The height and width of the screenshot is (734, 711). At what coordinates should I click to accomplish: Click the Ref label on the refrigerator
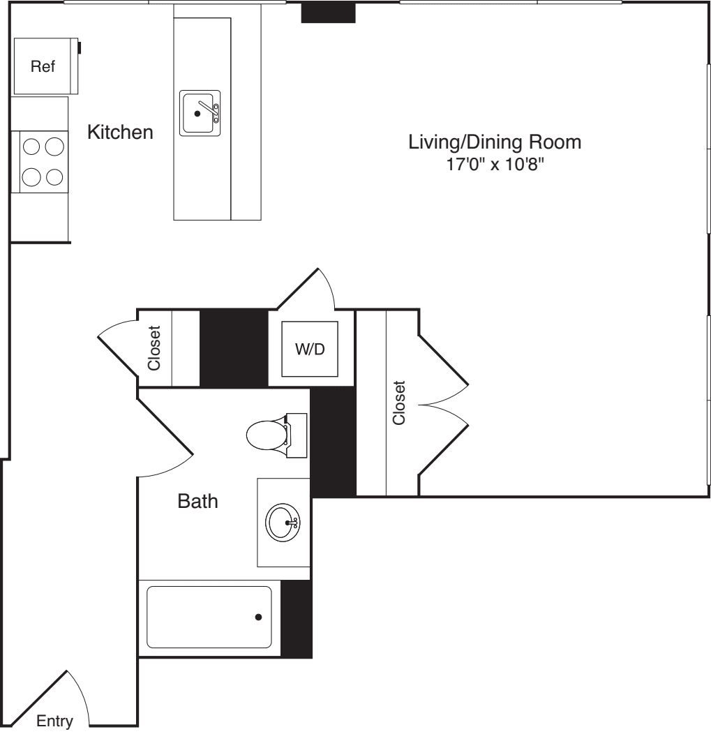pyautogui.click(x=43, y=67)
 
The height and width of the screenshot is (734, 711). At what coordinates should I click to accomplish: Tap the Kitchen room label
pyautogui.click(x=119, y=132)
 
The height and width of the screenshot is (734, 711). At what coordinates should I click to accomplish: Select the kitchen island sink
pyautogui.click(x=200, y=113)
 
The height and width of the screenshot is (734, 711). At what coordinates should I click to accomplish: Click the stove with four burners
pyautogui.click(x=40, y=161)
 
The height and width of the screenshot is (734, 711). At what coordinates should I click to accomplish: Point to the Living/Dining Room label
pyautogui.click(x=494, y=142)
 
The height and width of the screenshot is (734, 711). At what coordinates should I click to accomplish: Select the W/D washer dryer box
pyautogui.click(x=310, y=349)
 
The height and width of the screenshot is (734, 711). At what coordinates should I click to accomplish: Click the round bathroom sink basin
pyautogui.click(x=283, y=521)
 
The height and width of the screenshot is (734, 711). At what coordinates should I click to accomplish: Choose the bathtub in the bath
pyautogui.click(x=209, y=617)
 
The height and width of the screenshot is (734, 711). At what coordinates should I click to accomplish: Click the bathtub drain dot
pyautogui.click(x=259, y=617)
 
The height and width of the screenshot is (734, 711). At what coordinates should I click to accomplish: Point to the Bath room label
pyautogui.click(x=197, y=501)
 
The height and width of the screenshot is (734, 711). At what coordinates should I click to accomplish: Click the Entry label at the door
pyautogui.click(x=54, y=721)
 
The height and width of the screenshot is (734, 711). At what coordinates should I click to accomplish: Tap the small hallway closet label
pyautogui.click(x=155, y=348)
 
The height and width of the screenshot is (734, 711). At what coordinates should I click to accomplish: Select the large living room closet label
pyautogui.click(x=399, y=403)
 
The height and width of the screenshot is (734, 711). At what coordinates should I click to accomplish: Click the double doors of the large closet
pyautogui.click(x=443, y=403)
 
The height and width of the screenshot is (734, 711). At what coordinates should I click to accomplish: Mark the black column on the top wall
pyautogui.click(x=328, y=13)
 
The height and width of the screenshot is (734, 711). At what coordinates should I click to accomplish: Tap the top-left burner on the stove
pyautogui.click(x=31, y=147)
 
